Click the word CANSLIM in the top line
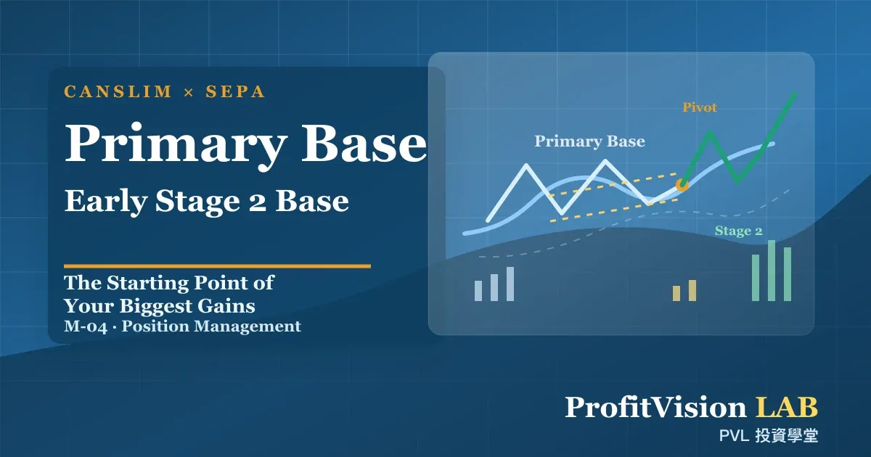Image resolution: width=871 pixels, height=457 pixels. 118,91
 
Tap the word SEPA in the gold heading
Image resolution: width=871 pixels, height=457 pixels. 235,91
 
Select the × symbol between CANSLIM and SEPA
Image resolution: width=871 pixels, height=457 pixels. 189,93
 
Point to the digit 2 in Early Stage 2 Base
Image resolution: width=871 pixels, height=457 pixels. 258,202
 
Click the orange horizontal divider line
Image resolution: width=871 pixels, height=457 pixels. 217,266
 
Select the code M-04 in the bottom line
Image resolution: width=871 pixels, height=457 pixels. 86,326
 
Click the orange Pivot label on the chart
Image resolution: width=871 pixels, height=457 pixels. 700,107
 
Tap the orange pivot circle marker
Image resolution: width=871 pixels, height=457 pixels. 682,185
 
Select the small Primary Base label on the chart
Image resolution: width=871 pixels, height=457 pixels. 589,141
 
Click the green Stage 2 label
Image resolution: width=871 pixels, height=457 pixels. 738,231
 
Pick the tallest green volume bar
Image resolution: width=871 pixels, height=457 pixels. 772,271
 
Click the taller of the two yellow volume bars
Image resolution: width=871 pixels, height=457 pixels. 692,290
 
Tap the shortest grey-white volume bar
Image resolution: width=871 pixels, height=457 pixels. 478,291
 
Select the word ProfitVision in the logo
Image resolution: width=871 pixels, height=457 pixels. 655,407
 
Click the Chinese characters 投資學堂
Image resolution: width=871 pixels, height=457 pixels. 786,436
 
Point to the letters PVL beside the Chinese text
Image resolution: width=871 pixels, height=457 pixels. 734,436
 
